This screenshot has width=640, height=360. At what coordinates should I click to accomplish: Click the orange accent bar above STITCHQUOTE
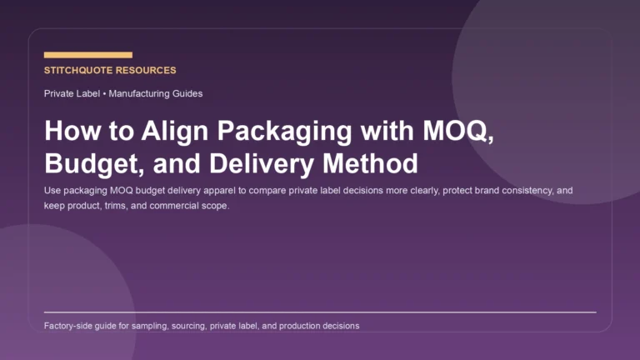click(87, 55)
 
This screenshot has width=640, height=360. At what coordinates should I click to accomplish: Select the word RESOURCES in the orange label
click(148, 71)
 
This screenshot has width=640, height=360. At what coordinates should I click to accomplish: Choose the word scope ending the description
click(216, 206)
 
